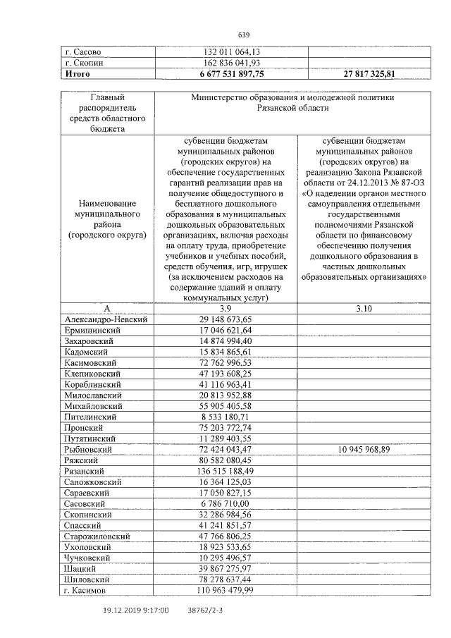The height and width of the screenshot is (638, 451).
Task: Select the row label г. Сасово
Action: pos(84,51)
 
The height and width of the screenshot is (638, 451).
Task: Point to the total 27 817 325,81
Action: pos(369,73)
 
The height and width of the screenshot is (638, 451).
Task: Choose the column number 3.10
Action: pos(369,309)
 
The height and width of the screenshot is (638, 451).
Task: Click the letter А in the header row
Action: pos(107,309)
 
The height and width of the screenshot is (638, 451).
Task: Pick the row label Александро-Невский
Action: pos(105,319)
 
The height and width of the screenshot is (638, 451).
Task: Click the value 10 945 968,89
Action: pos(369,449)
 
